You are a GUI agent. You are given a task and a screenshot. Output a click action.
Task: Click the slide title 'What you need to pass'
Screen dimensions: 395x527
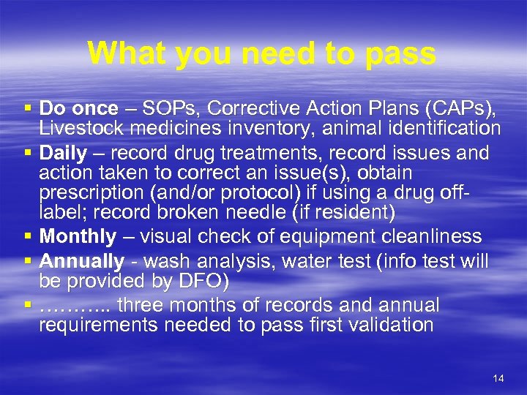tap(261, 53)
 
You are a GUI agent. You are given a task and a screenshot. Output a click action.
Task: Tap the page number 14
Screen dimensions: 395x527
tap(498, 378)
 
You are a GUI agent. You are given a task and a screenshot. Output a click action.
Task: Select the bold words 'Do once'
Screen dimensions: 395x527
tap(78, 109)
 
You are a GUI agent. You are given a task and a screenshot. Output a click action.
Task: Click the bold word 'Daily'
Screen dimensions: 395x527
tap(62, 153)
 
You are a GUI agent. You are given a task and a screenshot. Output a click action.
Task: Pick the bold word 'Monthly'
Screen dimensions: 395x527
tap(78, 236)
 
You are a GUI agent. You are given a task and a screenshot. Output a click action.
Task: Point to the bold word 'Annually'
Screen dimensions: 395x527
tap(82, 261)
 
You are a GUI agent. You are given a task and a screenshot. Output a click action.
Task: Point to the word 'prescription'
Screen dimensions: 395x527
tap(84, 194)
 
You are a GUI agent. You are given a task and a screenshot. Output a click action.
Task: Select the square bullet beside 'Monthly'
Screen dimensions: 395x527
tap(27, 236)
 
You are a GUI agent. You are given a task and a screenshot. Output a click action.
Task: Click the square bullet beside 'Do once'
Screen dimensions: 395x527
tap(27, 109)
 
